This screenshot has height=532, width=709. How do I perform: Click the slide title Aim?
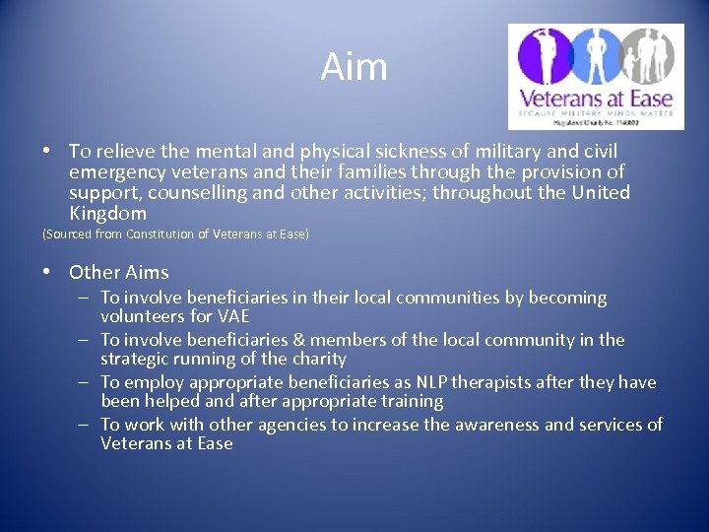tap(354, 67)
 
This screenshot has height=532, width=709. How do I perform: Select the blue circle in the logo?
tap(595, 55)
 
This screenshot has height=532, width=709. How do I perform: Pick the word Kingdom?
tap(107, 213)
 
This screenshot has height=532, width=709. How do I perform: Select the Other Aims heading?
tap(119, 272)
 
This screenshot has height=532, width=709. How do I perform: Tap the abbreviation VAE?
tap(231, 316)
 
